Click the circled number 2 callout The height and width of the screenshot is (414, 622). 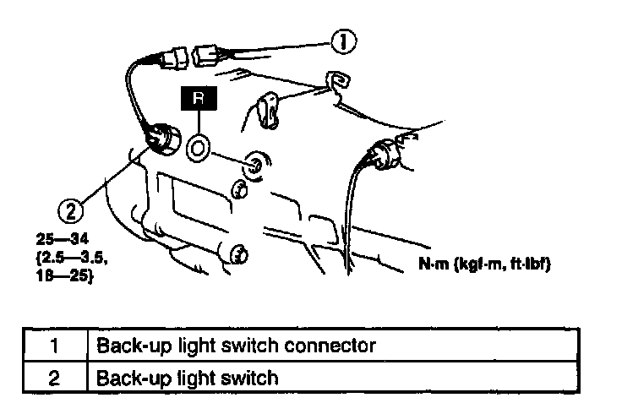[x=73, y=205]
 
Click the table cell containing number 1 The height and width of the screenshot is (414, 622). [x=53, y=346]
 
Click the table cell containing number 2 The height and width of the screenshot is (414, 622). [x=53, y=377]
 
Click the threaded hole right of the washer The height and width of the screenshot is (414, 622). [x=253, y=163]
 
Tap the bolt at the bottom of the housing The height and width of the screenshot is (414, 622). [x=239, y=252]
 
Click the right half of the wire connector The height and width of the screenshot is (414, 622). [x=210, y=57]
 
